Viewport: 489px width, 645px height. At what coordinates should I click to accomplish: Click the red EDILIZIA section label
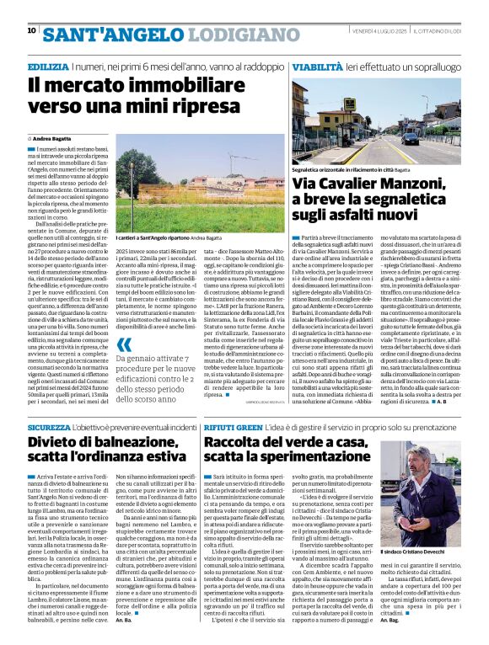click(x=47, y=66)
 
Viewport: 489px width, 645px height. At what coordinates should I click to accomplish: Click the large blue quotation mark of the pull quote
click(x=125, y=344)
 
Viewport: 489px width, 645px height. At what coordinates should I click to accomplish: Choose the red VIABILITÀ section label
click(x=316, y=66)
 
